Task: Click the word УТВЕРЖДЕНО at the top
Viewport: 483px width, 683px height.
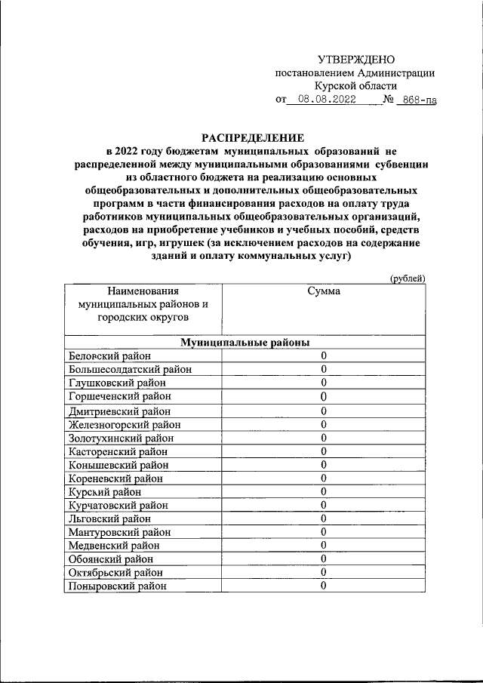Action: click(356, 60)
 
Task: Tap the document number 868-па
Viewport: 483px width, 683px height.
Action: click(419, 100)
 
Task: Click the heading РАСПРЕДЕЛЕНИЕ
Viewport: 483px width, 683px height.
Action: click(252, 137)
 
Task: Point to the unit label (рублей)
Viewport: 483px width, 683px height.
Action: click(408, 278)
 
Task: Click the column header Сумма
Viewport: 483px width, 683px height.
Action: click(323, 291)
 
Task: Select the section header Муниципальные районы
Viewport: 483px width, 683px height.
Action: click(245, 343)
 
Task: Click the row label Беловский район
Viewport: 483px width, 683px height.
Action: click(109, 356)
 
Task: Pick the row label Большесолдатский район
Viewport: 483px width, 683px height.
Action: click(130, 370)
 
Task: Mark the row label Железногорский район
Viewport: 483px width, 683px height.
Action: click(125, 425)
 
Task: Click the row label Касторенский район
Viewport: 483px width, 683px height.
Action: click(120, 451)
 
